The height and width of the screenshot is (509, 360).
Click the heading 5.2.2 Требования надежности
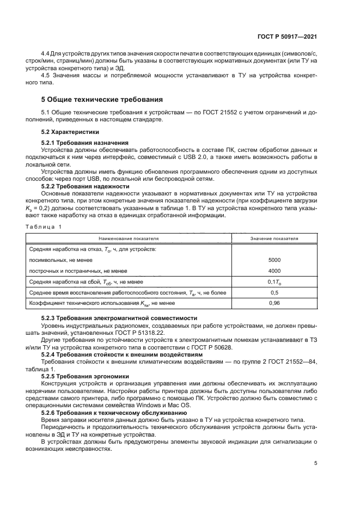pyautogui.click(x=82, y=186)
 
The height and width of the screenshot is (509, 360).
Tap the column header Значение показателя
pyautogui.click(x=274, y=238)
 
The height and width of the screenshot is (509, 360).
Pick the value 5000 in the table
pyautogui.click(x=274, y=260)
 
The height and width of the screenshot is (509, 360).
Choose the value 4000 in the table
pyautogui.click(x=274, y=271)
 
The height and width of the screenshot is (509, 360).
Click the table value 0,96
pyautogui.click(x=274, y=303)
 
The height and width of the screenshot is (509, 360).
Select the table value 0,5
pyautogui.click(x=274, y=292)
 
